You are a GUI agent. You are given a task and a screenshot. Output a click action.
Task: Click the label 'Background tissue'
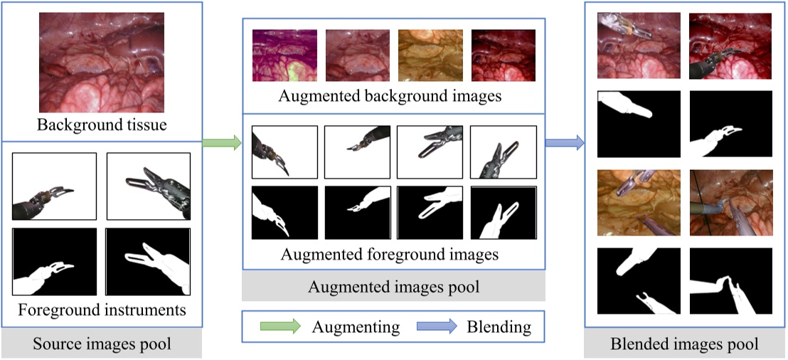101,127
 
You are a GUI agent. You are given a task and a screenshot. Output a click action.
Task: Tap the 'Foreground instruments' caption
102,309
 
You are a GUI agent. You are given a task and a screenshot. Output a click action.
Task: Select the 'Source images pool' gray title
102,344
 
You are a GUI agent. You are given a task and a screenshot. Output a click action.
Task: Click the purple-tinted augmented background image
284,55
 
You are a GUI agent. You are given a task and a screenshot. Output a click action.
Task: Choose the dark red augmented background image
503,55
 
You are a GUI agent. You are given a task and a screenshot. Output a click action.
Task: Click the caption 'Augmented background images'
390,96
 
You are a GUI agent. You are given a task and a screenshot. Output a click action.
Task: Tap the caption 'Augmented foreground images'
390,254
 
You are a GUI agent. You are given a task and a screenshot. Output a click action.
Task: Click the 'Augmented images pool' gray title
393,287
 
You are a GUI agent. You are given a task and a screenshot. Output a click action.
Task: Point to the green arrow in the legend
279,327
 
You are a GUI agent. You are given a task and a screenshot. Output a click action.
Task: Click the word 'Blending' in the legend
499,327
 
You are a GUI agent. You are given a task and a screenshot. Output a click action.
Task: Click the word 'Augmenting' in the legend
356,327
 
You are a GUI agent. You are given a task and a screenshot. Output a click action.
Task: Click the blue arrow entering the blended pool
565,143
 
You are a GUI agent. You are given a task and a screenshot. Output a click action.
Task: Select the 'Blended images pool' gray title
684,344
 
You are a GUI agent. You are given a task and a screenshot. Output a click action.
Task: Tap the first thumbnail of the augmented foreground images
284,152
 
